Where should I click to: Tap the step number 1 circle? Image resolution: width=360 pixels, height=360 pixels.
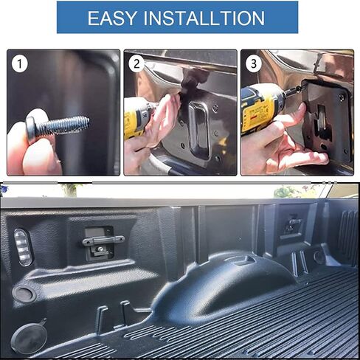coord(20,64)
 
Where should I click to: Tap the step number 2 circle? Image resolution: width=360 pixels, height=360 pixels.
coord(136,64)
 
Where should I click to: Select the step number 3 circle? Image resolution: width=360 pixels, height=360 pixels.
coord(253,64)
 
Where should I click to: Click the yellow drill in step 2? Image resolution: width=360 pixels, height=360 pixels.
coord(139,118)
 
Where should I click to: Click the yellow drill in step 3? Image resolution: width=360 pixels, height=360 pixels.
coord(261,108)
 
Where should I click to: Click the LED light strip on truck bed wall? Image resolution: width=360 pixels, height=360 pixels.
coord(23,246)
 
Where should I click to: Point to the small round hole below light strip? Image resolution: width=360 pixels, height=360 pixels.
coord(24,294)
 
